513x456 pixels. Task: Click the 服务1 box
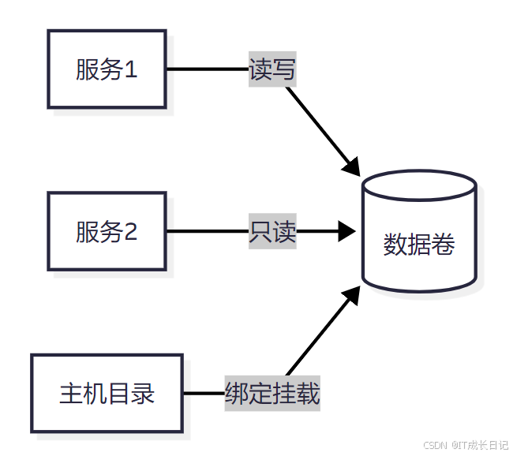click(x=107, y=69)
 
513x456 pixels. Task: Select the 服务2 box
click(x=107, y=232)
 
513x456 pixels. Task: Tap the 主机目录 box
click(x=107, y=393)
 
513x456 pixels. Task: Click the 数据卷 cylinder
click(x=419, y=237)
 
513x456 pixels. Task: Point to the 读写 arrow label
click(x=272, y=69)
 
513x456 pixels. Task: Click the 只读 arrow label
click(x=272, y=232)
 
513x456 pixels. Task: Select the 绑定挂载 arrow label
click(x=272, y=393)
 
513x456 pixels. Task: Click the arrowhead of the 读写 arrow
click(x=352, y=166)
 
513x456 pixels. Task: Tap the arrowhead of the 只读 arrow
click(x=348, y=232)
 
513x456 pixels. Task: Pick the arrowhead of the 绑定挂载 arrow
click(x=352, y=295)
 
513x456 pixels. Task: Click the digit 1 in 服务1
click(x=131, y=69)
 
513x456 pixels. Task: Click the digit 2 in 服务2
click(x=131, y=232)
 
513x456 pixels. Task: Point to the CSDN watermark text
click(x=435, y=445)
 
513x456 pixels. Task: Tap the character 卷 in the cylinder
click(x=444, y=245)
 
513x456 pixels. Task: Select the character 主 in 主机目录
click(x=71, y=393)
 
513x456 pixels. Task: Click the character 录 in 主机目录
click(x=143, y=393)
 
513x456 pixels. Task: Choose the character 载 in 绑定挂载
click(x=309, y=393)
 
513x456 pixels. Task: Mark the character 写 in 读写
click(x=284, y=69)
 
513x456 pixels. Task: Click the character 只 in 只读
click(x=260, y=232)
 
